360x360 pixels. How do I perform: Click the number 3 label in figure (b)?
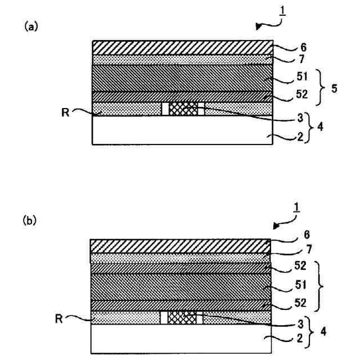[301, 325]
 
